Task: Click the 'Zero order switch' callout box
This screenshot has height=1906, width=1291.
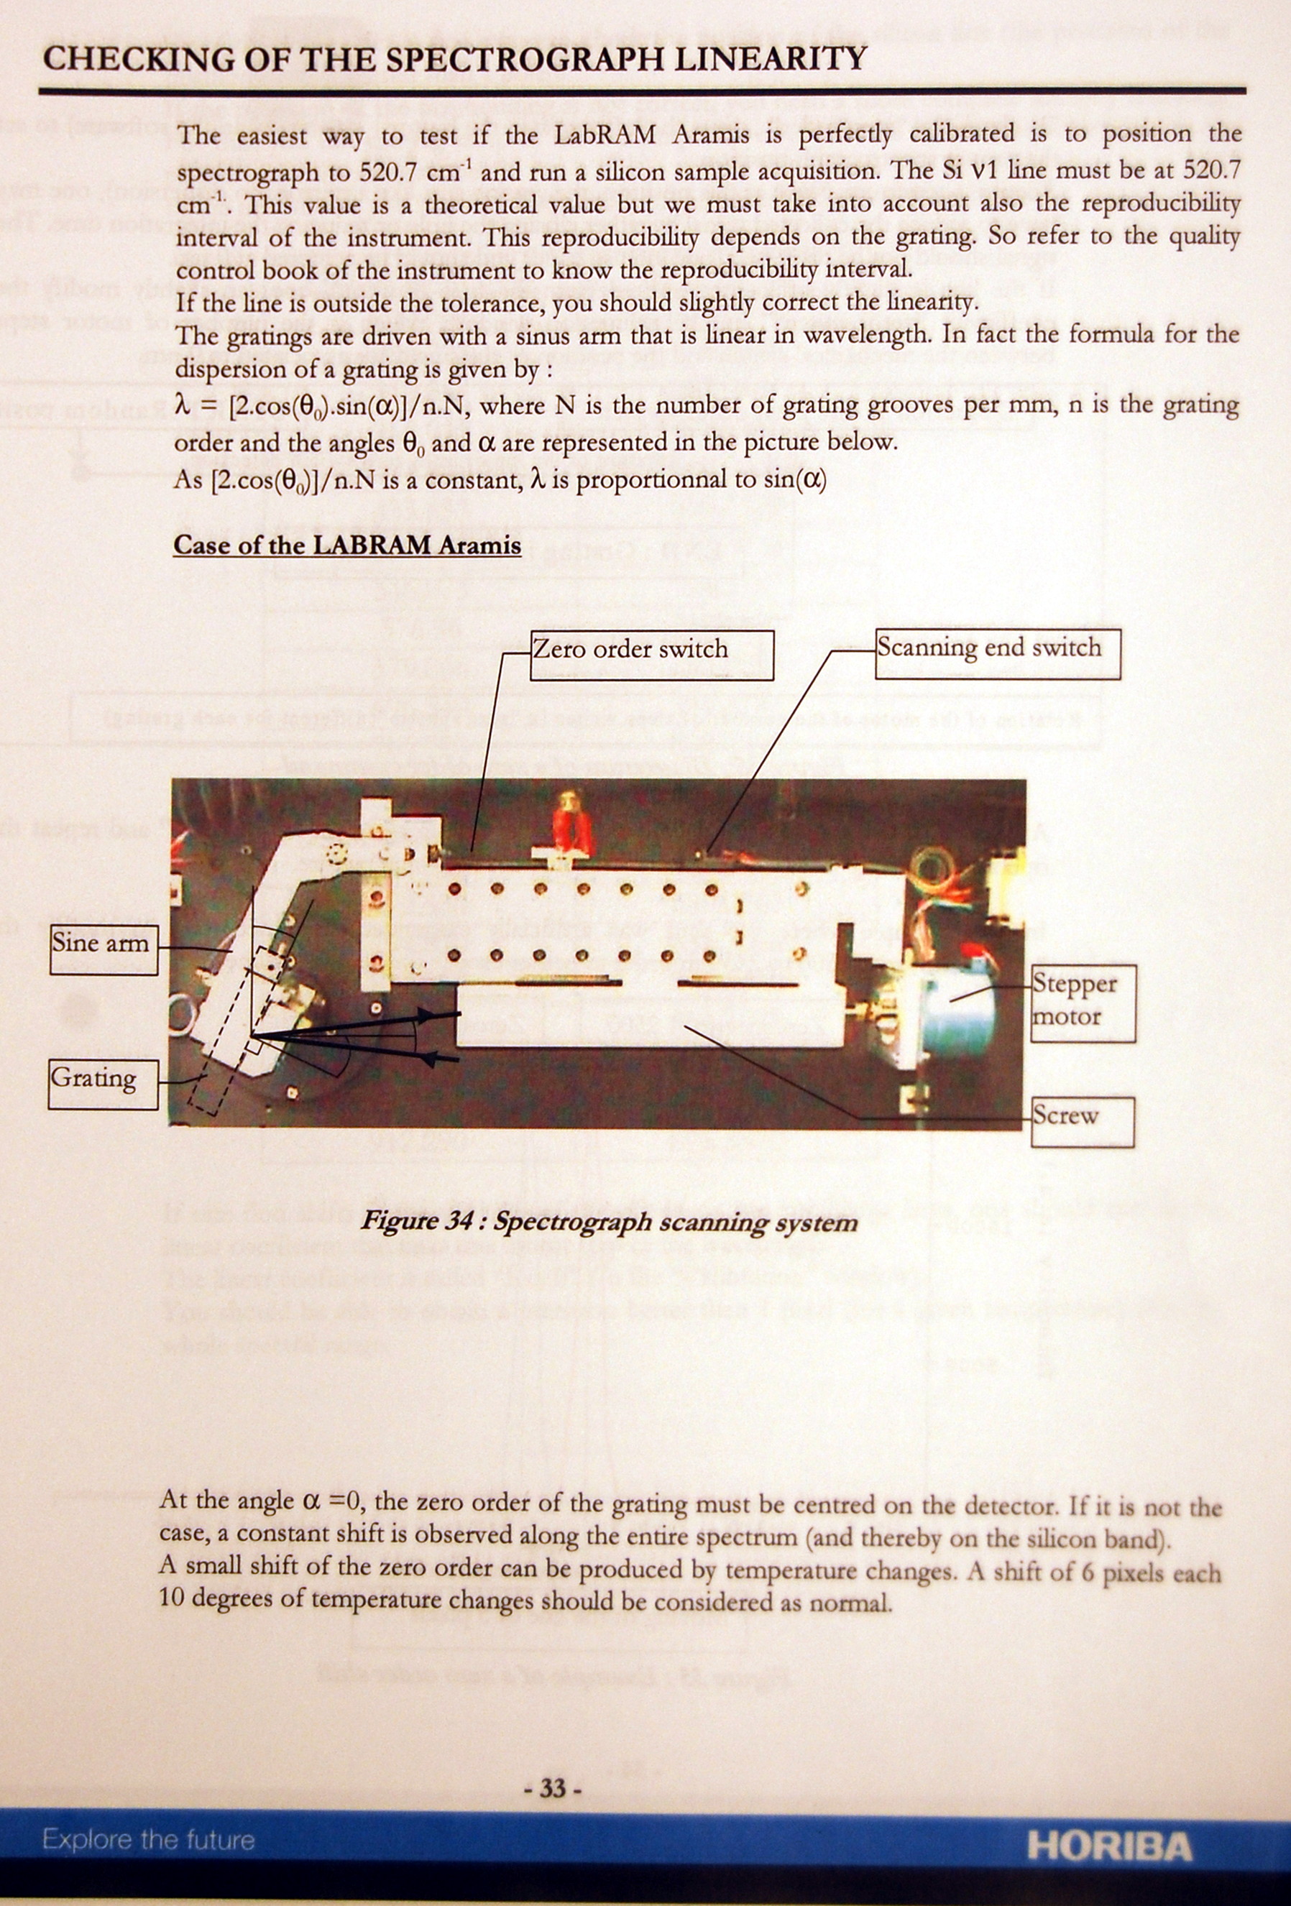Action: pyautogui.click(x=651, y=655)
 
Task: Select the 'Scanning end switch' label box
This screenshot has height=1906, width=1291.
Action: pyautogui.click(x=998, y=653)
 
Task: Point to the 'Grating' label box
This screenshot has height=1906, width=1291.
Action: pyautogui.click(x=103, y=1085)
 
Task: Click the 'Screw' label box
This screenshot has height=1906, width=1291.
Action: pyautogui.click(x=1083, y=1122)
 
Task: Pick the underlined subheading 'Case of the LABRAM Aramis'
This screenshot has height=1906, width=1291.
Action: pyautogui.click(x=347, y=545)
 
